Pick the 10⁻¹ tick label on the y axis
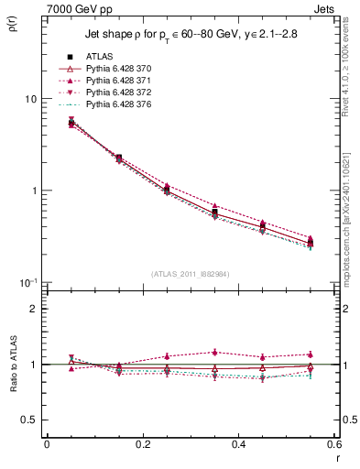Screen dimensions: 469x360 (x=29, y=281)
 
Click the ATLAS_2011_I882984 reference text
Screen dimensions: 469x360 (x=190, y=273)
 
